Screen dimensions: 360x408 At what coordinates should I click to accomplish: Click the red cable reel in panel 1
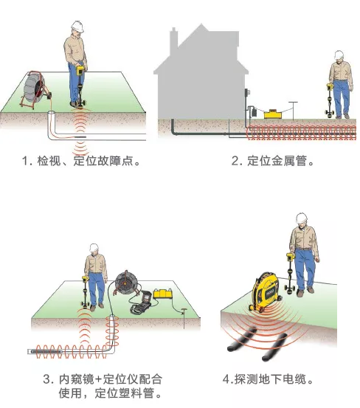pyautogui.click(x=35, y=89)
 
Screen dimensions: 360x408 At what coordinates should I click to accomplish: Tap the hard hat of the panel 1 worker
pyautogui.click(x=77, y=27)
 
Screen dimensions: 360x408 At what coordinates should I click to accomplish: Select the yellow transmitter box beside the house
pyautogui.click(x=273, y=114)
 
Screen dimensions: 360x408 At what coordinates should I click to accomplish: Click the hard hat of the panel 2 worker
pyautogui.click(x=339, y=55)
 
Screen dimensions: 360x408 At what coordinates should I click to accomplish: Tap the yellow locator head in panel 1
pyautogui.click(x=80, y=71)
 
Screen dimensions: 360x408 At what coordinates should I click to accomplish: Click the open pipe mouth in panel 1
pyautogui.click(x=52, y=113)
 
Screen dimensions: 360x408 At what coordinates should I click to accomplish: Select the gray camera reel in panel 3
pyautogui.click(x=126, y=282)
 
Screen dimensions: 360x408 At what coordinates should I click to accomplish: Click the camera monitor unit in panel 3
pyautogui.click(x=142, y=302)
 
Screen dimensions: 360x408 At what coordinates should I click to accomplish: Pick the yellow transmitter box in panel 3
pyautogui.click(x=162, y=294)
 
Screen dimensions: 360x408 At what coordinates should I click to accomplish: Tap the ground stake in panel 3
pyautogui.click(x=184, y=318)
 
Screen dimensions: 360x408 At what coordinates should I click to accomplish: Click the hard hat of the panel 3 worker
pyautogui.click(x=94, y=247)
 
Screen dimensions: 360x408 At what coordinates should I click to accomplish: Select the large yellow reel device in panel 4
pyautogui.click(x=265, y=291)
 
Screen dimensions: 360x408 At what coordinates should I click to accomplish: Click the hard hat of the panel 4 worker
pyautogui.click(x=302, y=218)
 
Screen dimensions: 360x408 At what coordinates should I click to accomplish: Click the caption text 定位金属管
pyautogui.click(x=277, y=161)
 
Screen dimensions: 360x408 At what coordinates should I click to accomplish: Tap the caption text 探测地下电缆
pyautogui.click(x=270, y=379)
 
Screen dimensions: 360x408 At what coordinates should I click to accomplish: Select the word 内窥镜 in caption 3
pyautogui.click(x=76, y=379)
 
